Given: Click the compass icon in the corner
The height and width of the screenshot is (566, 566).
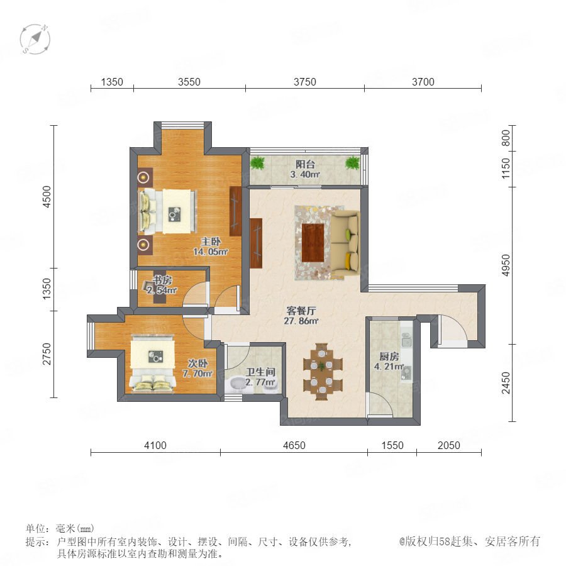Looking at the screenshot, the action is tap(35, 39).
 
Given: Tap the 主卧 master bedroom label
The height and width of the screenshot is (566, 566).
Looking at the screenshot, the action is tap(211, 241).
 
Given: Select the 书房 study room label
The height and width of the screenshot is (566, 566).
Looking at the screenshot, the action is tap(162, 280).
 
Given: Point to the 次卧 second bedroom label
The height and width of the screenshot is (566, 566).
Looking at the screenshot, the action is tap(198, 363).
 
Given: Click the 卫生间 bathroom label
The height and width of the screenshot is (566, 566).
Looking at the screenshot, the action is tap(260, 372).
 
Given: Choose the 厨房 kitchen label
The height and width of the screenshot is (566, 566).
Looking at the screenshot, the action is tap(389, 357).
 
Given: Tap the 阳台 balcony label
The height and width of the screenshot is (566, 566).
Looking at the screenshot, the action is tap(306, 164).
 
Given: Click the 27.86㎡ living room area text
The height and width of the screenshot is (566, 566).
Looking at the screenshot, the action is tap(301, 321).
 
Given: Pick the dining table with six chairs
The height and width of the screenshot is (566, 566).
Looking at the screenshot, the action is tap(322, 372).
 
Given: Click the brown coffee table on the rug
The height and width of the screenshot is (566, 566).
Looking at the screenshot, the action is tap(313, 243).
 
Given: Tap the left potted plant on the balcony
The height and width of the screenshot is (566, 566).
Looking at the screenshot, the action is tap(257, 163).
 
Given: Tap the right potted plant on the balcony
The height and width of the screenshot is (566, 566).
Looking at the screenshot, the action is tap(352, 163).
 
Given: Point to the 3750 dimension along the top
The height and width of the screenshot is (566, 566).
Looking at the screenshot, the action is tap(304, 82).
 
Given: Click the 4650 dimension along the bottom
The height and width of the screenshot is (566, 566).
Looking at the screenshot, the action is tap(294, 445).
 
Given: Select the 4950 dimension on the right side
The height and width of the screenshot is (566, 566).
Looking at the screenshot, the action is tap(506, 265).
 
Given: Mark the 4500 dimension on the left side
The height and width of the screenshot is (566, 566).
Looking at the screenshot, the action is tap(47, 197).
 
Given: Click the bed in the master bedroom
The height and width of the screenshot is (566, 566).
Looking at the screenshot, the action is tap(168, 211).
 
